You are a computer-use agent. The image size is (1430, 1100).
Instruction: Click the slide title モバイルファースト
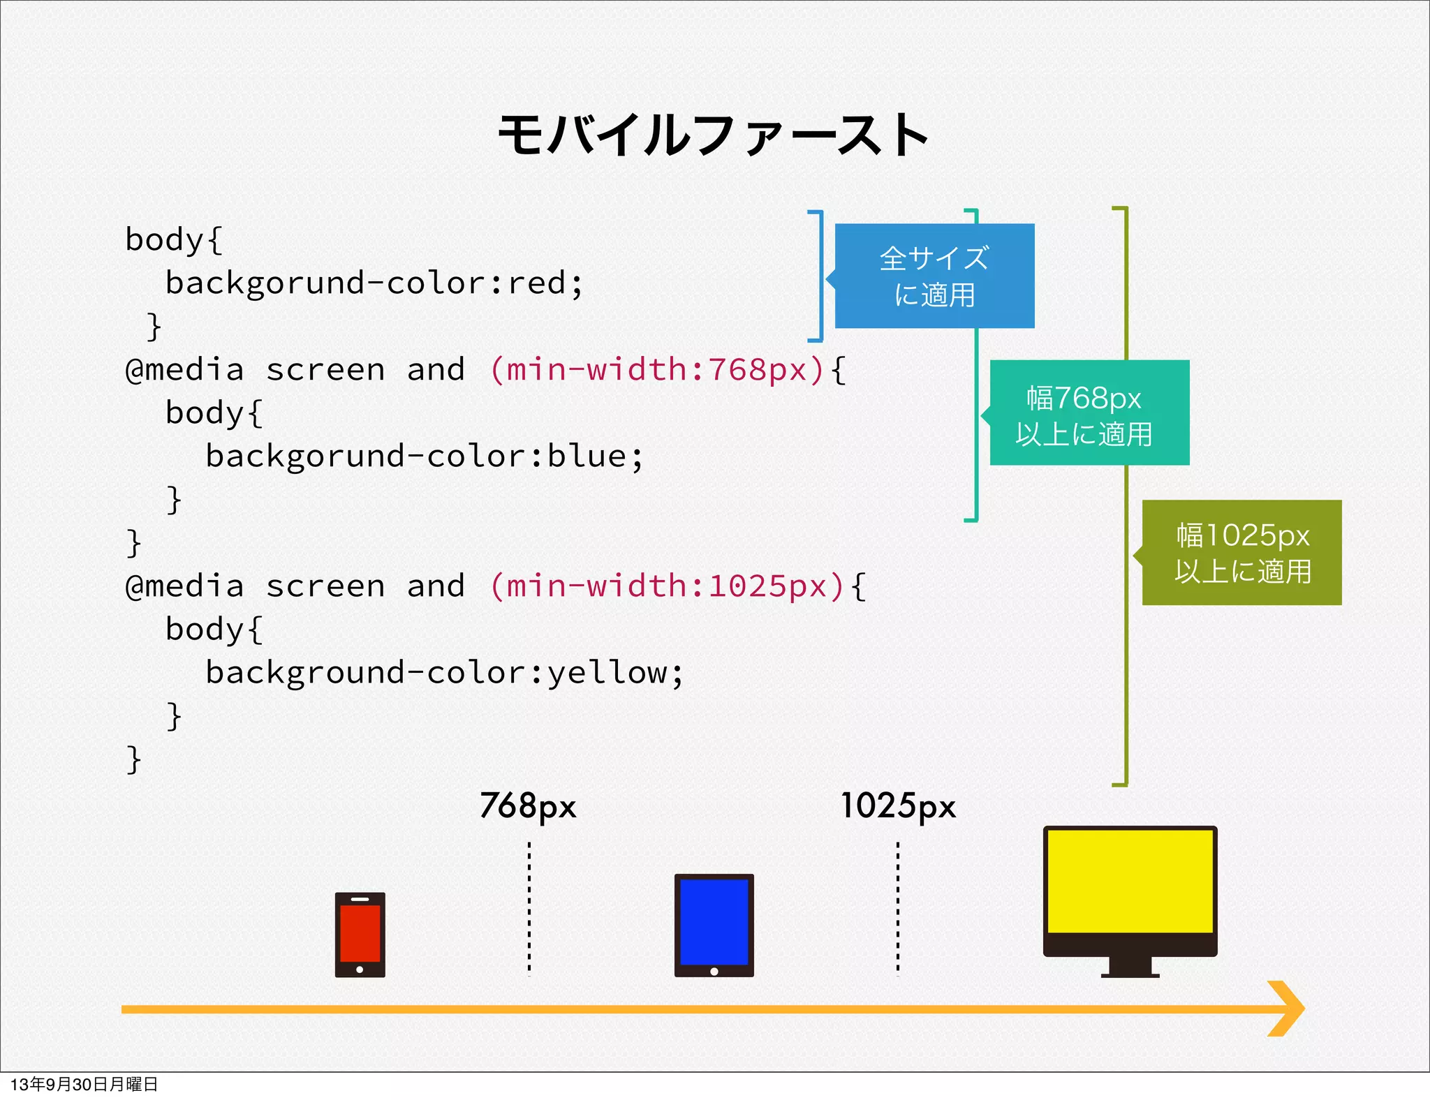coord(713,134)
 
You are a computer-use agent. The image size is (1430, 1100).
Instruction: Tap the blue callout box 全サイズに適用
coord(934,276)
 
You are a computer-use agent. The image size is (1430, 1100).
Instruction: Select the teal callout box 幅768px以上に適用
coord(1089,413)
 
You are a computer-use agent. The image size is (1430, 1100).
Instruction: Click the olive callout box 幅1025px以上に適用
coord(1241,553)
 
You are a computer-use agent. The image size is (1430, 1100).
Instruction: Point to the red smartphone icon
coord(360,934)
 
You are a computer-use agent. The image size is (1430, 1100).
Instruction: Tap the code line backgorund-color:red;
coord(374,283)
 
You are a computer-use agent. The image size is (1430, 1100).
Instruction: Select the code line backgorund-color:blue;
coord(424,456)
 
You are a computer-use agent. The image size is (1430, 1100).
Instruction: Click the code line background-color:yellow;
coord(444,673)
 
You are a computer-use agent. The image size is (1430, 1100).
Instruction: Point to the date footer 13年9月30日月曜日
coord(84,1084)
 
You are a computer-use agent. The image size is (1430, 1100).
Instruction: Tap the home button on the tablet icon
coord(714,971)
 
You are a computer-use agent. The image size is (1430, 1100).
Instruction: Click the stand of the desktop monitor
coord(1130,967)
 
